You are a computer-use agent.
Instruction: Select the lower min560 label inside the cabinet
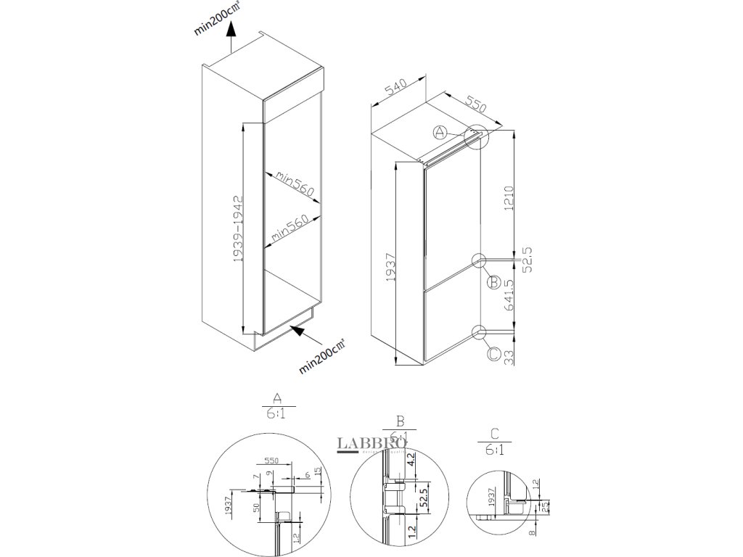pyautogui.click(x=291, y=228)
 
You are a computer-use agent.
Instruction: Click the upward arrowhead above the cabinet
pyautogui.click(x=231, y=29)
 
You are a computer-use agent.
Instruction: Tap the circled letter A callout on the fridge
pyautogui.click(x=440, y=132)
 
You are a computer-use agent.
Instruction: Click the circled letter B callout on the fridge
pyautogui.click(x=492, y=281)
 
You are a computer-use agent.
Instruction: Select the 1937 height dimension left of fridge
pyautogui.click(x=390, y=268)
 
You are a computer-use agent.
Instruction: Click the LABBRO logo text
pyautogui.click(x=362, y=442)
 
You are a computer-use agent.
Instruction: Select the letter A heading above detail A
pyautogui.click(x=276, y=398)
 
